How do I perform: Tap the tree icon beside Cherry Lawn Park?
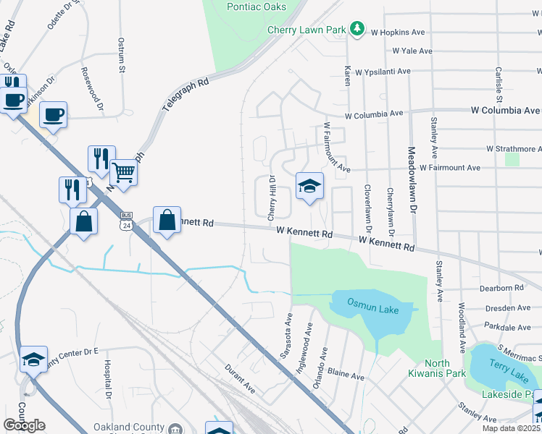(x=357, y=29)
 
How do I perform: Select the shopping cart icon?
(x=124, y=173)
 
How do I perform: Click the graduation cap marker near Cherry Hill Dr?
(x=309, y=187)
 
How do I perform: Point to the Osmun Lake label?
(x=367, y=302)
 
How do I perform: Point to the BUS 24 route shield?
(x=127, y=221)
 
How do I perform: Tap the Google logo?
(x=24, y=425)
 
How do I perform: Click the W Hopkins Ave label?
(x=397, y=33)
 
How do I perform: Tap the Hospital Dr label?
(x=107, y=380)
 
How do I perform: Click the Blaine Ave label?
(x=346, y=376)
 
